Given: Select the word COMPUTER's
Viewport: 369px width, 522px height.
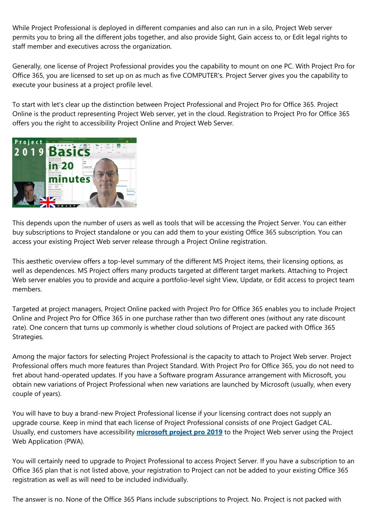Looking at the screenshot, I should click(x=203, y=75).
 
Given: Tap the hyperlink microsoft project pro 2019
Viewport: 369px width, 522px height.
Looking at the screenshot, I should click(x=179, y=432).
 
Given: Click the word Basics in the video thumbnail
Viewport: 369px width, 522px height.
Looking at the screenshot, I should click(x=69, y=152).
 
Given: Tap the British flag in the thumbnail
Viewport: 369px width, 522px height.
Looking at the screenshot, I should click(x=47, y=202).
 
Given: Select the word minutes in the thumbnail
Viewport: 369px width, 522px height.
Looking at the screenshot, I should click(x=69, y=179).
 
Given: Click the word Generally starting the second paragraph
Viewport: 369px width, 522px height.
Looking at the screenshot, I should click(x=27, y=66).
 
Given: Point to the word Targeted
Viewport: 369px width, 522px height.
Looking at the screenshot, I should click(x=26, y=309).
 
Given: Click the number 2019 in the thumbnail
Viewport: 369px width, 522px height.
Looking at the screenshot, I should click(x=29, y=152).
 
